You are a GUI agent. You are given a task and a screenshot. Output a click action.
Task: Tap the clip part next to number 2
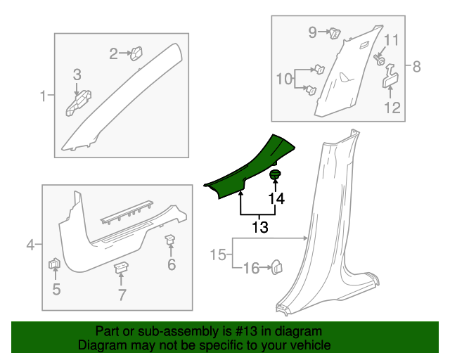[136, 51]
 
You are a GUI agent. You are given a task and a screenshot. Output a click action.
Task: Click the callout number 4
[30, 245]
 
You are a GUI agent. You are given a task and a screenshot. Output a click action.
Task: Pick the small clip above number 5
[54, 265]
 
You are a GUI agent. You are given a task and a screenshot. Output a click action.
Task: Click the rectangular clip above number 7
[122, 267]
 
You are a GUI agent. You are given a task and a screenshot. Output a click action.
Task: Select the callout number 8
[416, 67]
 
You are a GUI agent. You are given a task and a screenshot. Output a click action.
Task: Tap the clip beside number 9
[335, 32]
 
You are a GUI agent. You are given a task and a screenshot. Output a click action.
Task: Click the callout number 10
[283, 79]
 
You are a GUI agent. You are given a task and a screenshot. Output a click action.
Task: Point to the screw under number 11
[380, 60]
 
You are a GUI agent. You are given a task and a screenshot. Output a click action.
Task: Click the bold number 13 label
[260, 227]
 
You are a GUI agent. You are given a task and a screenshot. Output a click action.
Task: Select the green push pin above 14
[276, 174]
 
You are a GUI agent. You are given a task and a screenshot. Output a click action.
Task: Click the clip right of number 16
[276, 266]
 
